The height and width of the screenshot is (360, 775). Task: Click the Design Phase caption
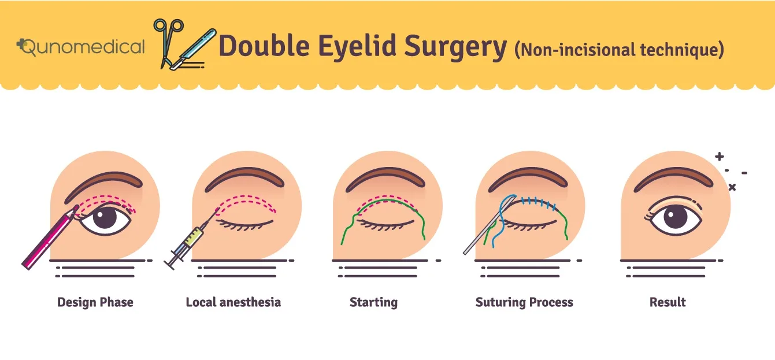pos(95,302)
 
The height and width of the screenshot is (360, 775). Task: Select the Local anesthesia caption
pos(233,302)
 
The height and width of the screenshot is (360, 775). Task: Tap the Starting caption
pos(373,302)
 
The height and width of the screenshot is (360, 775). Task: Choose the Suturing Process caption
pos(524,302)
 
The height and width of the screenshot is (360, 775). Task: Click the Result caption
pos(668,302)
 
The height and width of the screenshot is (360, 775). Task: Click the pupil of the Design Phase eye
pos(105,218)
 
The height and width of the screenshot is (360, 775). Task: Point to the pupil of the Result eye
pos(675,218)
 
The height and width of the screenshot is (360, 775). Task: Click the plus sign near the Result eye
pos(719,157)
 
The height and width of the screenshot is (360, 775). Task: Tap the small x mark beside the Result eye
pos(732,187)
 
